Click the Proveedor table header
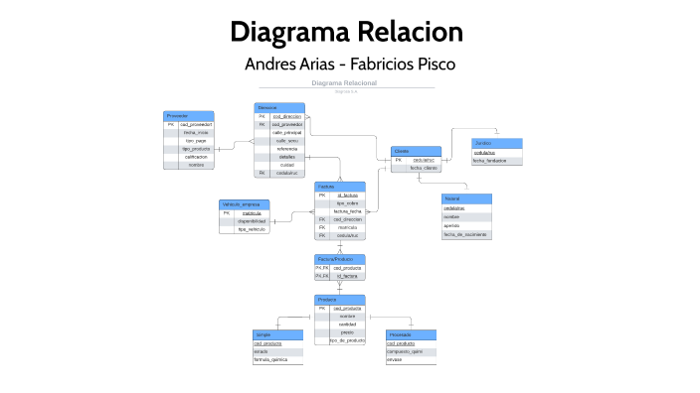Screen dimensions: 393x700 point(188,116)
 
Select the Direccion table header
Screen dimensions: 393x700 point(279,107)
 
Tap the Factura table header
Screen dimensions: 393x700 point(340,187)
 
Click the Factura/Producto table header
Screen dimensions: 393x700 point(340,258)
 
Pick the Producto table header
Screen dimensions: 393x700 point(340,299)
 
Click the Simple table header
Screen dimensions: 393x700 point(277,335)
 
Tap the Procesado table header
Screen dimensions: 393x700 point(411,335)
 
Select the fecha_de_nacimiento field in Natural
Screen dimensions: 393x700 point(465,234)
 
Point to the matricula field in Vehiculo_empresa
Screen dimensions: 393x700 point(252,212)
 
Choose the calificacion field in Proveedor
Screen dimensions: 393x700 point(196,157)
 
